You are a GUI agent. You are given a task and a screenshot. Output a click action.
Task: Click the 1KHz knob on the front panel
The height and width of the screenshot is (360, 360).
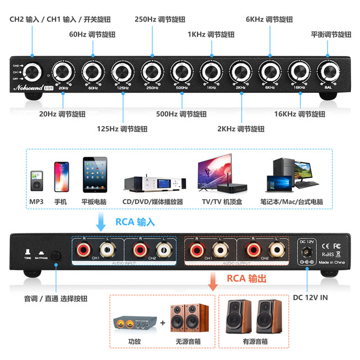click(x=211, y=71)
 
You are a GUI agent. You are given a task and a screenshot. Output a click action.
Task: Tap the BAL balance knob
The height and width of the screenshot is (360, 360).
click(x=328, y=71)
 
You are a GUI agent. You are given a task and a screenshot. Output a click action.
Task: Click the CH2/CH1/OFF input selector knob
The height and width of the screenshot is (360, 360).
click(x=32, y=72)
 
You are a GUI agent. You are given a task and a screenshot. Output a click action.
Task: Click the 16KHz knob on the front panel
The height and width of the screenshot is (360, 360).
click(x=299, y=71)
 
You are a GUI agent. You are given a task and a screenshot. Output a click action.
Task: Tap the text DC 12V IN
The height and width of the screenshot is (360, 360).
click(x=310, y=298)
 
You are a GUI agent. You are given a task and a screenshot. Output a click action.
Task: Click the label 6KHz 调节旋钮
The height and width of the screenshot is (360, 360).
click(x=269, y=19)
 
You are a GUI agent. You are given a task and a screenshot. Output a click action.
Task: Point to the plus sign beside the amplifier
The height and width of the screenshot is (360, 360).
click(x=162, y=323)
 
